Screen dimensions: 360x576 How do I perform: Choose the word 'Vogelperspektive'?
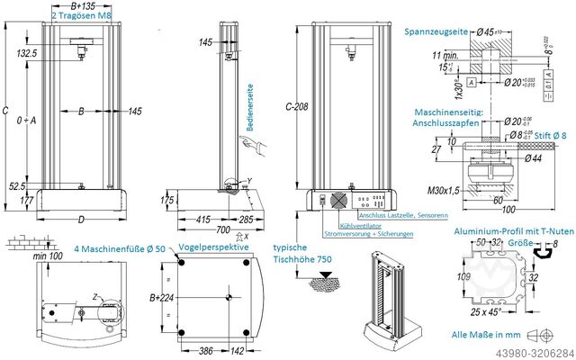[x=213, y=246]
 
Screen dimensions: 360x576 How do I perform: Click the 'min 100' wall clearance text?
[x=45, y=256]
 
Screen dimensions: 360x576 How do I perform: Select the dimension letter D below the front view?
[x=81, y=220]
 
